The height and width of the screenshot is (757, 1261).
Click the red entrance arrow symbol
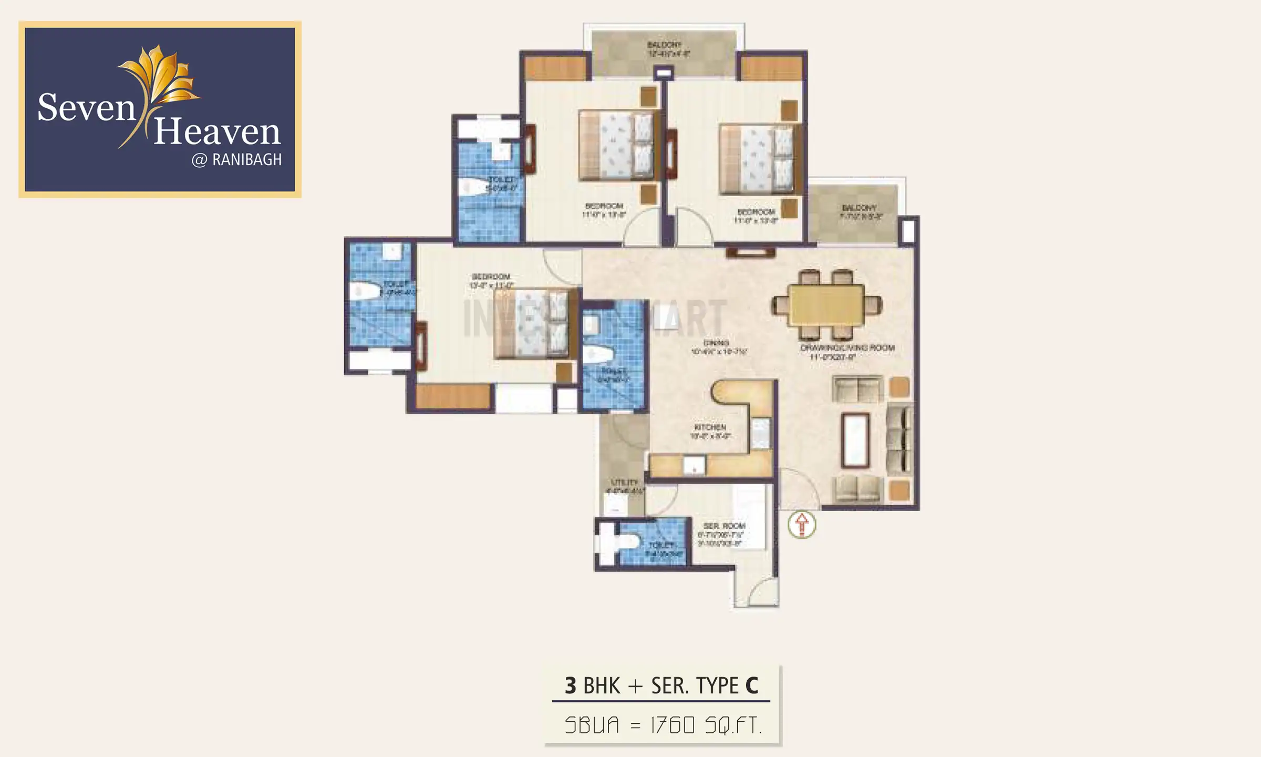click(x=802, y=524)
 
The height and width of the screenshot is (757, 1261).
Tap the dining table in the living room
click(x=827, y=304)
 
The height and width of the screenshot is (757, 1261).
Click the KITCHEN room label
click(x=710, y=427)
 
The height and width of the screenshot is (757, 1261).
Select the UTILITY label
click(x=625, y=482)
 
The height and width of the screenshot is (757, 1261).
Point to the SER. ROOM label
click(x=724, y=526)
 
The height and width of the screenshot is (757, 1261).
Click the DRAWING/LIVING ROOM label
click(x=847, y=348)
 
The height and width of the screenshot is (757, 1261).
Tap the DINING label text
click(x=716, y=343)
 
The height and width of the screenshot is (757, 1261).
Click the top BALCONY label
click(x=664, y=45)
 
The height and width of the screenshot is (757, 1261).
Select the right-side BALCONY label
click(x=859, y=208)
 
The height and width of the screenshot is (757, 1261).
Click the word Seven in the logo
click(x=87, y=108)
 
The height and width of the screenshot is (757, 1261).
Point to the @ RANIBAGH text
click(x=237, y=160)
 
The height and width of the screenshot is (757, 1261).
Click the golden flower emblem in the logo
click(x=160, y=76)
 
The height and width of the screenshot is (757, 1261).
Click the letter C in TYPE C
click(x=751, y=686)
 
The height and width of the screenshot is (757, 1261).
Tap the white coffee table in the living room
click(x=855, y=440)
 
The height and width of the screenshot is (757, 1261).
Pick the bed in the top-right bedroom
click(x=757, y=159)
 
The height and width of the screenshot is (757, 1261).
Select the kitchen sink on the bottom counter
click(x=694, y=465)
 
